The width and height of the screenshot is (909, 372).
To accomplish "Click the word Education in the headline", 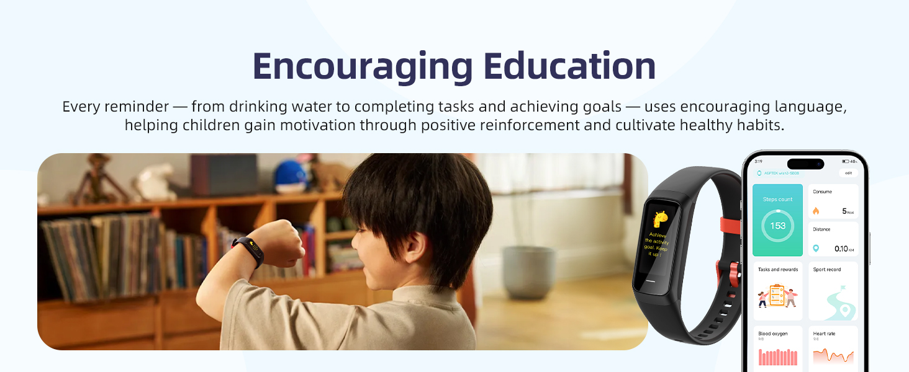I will pos(569,66).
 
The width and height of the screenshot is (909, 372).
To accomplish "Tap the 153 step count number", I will pos(777,226).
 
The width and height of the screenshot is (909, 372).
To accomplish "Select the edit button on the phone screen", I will pos(848,173).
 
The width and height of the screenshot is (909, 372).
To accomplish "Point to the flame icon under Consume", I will pos(816,211).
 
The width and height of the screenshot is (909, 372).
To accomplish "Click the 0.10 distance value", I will pos(841,249).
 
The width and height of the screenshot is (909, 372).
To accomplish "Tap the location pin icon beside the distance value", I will pos(816,248).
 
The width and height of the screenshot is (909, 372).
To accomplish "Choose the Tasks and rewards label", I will pos(777,270).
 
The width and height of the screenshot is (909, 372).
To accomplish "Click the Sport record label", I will pos(826,270).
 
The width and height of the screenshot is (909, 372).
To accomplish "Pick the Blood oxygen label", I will pos(772,334).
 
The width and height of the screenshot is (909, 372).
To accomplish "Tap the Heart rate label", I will pos(825,334).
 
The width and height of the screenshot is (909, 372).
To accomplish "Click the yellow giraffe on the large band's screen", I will pos(660,219).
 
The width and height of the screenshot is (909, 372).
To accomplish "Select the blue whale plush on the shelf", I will pos(291,175).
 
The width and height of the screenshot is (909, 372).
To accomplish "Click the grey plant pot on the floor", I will pos(529,272).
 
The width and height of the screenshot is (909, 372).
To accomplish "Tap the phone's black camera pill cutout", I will pos(805,164).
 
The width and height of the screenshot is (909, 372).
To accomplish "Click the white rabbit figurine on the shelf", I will pos(156,181).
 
